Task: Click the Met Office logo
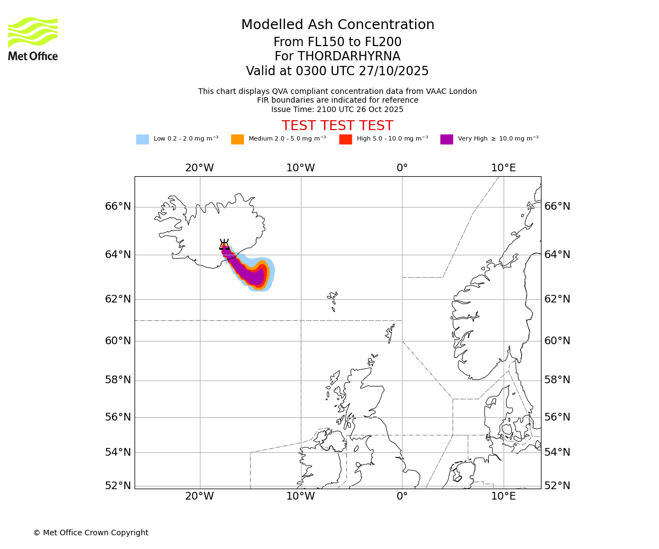(x=33, y=38)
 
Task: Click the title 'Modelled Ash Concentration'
(x=337, y=25)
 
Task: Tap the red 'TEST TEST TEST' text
(x=337, y=126)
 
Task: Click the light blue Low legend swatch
(x=142, y=139)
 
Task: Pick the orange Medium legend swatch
(x=237, y=139)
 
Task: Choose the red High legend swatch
(x=345, y=139)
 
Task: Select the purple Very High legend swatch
(x=446, y=139)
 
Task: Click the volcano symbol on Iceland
(x=224, y=245)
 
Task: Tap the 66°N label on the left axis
(x=118, y=206)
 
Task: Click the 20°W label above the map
(x=199, y=168)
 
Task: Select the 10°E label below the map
(x=503, y=496)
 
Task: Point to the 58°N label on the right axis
(x=557, y=380)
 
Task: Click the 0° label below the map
(x=402, y=496)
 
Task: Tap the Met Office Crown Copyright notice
(x=91, y=533)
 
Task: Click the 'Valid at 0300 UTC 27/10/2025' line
(x=337, y=71)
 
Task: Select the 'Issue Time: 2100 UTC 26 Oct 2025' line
(x=337, y=109)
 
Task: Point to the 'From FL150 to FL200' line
(x=337, y=42)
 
